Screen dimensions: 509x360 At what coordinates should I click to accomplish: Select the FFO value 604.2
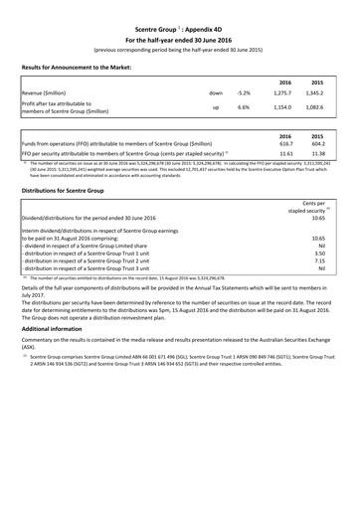(319, 143)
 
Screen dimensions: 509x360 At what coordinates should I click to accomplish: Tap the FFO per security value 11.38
(319, 155)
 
